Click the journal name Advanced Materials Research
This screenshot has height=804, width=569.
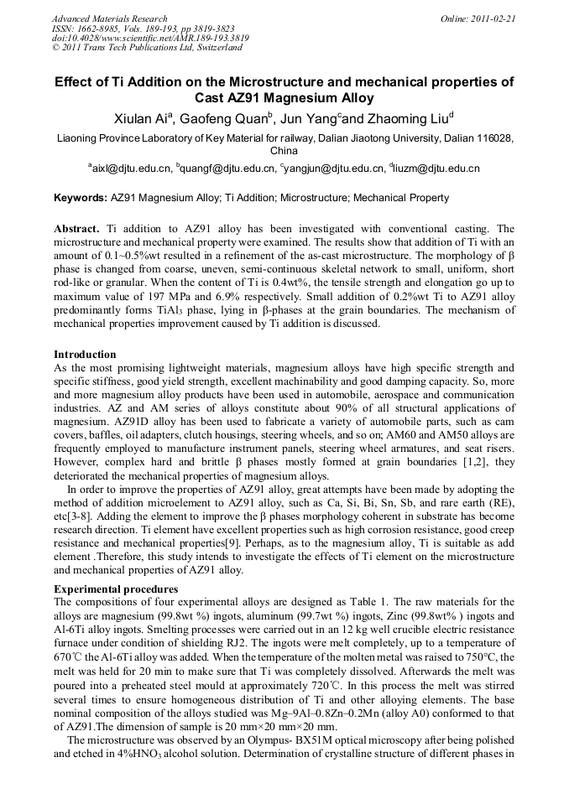coord(109,18)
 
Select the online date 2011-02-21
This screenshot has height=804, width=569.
coord(496,18)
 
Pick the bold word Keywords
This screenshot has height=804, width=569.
coord(79,199)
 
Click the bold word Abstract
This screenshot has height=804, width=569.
coord(77,229)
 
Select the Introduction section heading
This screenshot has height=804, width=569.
coord(85,355)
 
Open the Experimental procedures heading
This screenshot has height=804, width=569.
coord(115,589)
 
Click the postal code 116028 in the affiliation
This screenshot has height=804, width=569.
coord(496,138)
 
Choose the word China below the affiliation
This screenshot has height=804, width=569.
coord(284,151)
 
